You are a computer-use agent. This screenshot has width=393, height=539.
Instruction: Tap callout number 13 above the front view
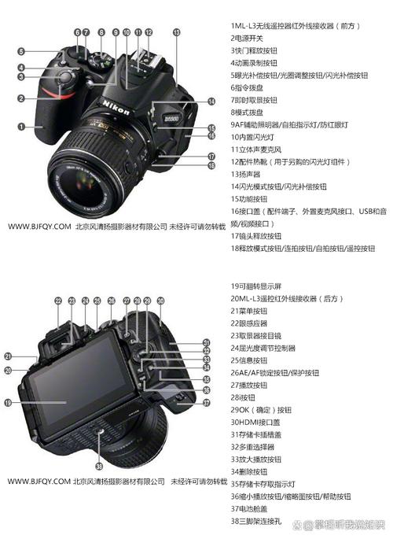pos(176,32)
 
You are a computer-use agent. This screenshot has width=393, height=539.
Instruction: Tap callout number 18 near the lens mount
pos(211,167)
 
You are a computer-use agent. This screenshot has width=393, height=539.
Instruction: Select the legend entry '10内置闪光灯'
pos(259,136)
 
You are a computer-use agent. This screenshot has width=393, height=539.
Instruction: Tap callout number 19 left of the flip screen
pos(8,402)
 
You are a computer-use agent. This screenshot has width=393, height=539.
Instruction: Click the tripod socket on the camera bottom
pos(99,434)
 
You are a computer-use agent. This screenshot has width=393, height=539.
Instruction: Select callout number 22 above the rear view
pos(58,301)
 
